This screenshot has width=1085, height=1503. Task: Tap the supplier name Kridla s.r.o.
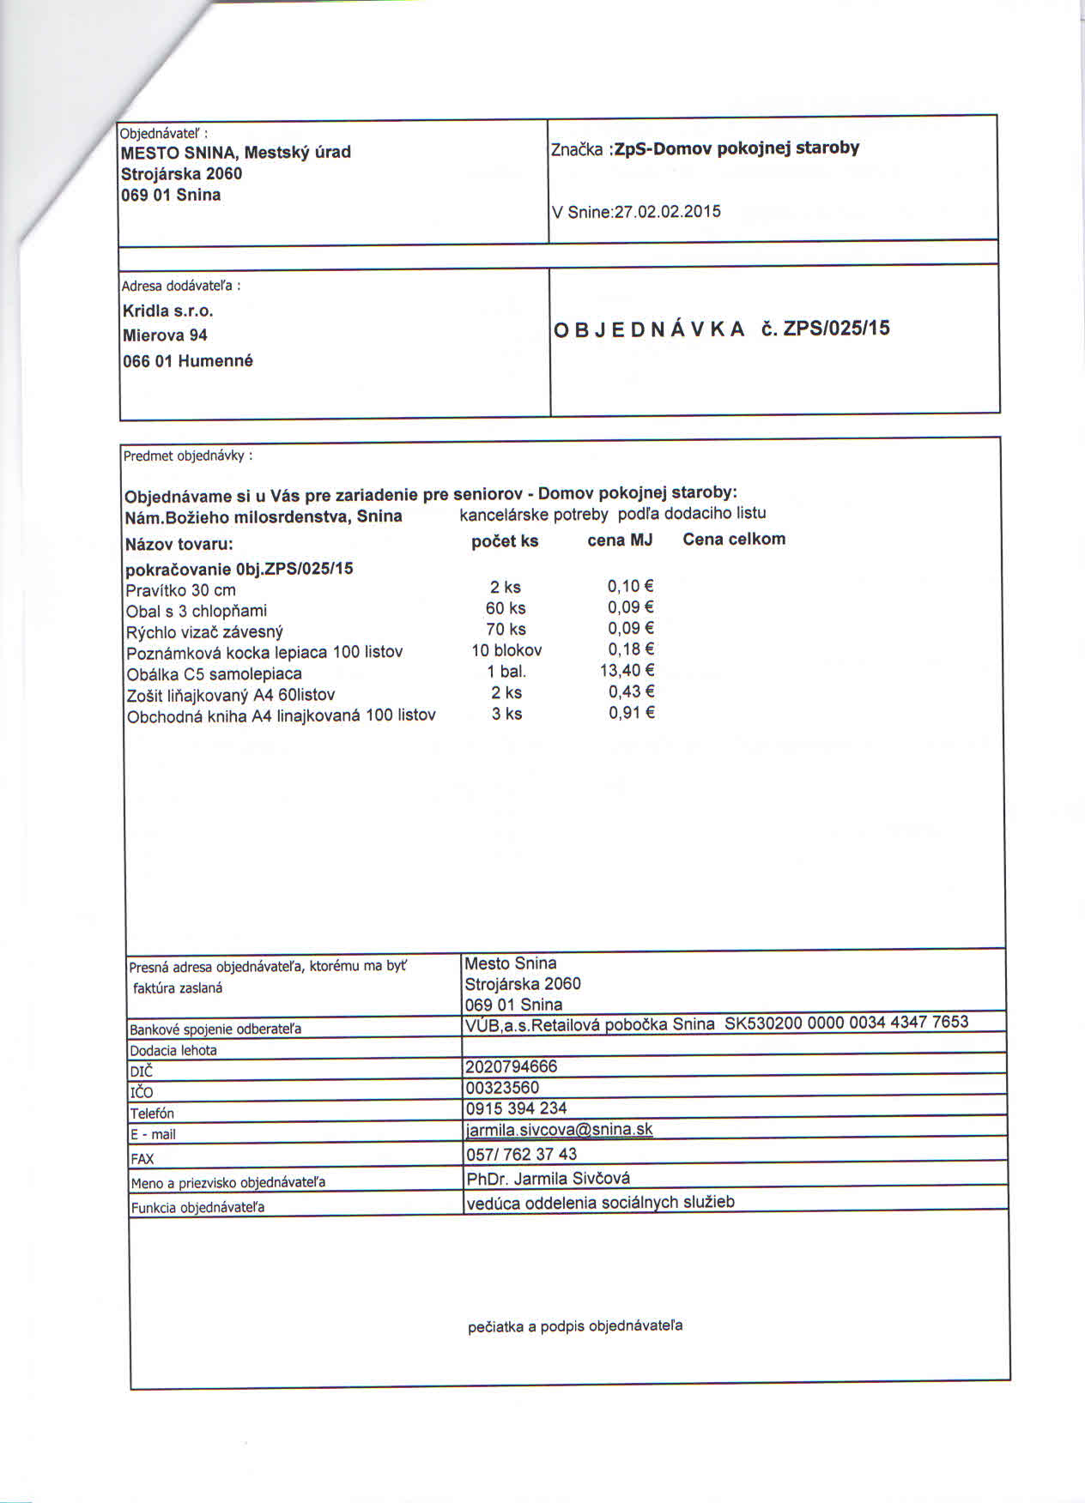coord(168,311)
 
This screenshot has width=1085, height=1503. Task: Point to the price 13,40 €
coord(627,671)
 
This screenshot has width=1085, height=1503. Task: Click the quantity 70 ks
coord(506,629)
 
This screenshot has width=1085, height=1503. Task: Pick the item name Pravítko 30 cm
coord(180,590)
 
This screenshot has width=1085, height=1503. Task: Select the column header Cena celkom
coord(734,540)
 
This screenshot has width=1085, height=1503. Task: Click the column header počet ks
coord(505,541)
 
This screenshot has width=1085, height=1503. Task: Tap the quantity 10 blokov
coord(506,650)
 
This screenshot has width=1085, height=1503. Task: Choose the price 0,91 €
coord(632,713)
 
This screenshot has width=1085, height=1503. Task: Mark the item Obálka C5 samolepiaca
coord(214,673)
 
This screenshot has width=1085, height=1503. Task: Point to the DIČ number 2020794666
coord(512,1066)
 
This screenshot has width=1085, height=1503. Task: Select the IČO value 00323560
coord(502,1088)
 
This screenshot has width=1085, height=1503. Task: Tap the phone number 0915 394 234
coord(516,1108)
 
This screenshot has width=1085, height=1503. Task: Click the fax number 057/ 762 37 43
coord(521,1154)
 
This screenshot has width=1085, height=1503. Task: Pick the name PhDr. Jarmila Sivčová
coord(549,1179)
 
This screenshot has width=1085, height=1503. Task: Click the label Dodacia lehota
coord(173,1050)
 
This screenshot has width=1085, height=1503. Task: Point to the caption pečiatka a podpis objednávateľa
coord(575,1326)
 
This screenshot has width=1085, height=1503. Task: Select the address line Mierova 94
coord(165,335)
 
